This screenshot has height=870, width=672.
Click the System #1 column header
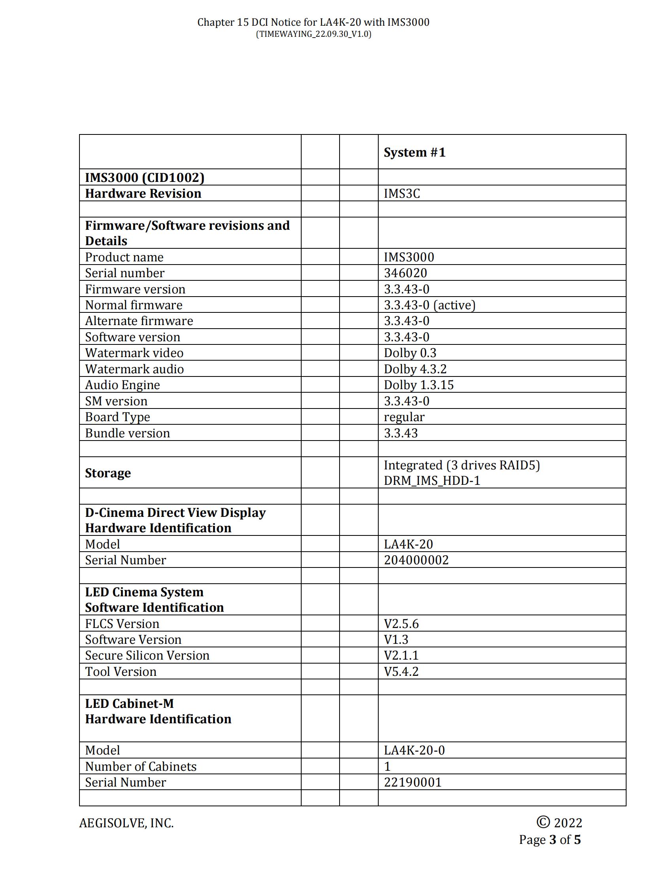click(414, 153)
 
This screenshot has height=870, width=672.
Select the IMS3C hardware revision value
click(402, 194)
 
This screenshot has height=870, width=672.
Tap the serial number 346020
click(405, 273)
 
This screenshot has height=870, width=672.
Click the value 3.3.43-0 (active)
click(430, 305)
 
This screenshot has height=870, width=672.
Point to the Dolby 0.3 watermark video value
click(410, 353)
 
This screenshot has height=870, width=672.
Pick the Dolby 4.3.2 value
click(415, 369)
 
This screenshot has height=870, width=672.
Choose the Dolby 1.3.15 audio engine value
click(418, 385)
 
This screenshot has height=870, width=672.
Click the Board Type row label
click(117, 417)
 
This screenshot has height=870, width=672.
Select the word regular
click(404, 417)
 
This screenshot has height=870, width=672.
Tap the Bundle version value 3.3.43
click(401, 433)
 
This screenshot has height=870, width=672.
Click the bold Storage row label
click(108, 473)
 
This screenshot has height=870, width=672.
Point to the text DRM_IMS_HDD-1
click(432, 481)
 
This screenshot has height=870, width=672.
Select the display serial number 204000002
click(416, 560)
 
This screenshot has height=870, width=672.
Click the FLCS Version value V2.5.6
click(401, 624)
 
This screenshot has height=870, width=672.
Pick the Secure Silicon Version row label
click(147, 656)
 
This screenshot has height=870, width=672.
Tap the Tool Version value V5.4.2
click(401, 671)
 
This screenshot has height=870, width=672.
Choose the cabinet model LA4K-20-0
click(414, 751)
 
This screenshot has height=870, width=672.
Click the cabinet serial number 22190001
click(413, 782)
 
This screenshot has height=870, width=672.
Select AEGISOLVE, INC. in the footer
click(126, 823)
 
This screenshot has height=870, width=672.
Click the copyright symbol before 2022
click(543, 822)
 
